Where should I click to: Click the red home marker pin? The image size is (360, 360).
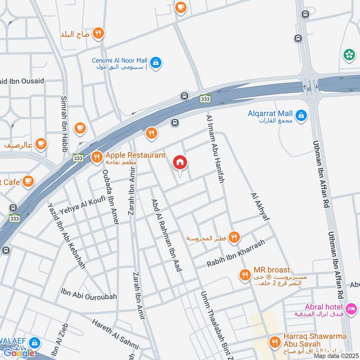180,162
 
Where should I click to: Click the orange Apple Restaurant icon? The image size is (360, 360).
96,157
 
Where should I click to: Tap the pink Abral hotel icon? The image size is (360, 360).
352,309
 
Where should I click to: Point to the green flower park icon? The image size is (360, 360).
349,55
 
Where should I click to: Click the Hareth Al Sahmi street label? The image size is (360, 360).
115,333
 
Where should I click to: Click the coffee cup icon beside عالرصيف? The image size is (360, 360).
41,144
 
